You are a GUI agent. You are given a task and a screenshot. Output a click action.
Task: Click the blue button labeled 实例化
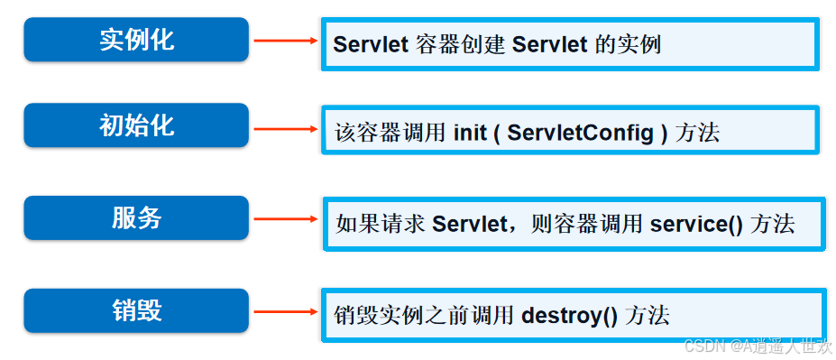coord(136,40)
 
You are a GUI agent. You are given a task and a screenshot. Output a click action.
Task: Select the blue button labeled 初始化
coord(136,125)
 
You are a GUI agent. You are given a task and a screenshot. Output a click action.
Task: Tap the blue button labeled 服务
coord(136,217)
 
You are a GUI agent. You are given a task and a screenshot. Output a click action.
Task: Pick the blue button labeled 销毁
coord(136,310)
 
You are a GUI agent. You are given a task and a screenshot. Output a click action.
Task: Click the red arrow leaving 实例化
coord(283,41)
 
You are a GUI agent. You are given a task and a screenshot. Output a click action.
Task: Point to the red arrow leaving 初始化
coord(283,128)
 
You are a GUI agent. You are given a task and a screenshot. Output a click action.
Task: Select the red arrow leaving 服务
coord(283,218)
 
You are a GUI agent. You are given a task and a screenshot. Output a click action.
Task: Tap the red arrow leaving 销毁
coord(283,312)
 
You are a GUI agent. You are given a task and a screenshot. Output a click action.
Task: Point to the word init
coord(469,133)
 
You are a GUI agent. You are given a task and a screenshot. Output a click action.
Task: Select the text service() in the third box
coord(696,224)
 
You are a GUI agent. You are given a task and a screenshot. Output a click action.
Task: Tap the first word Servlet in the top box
coord(372,44)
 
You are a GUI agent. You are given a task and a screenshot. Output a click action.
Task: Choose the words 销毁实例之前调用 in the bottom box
coord(423,316)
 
